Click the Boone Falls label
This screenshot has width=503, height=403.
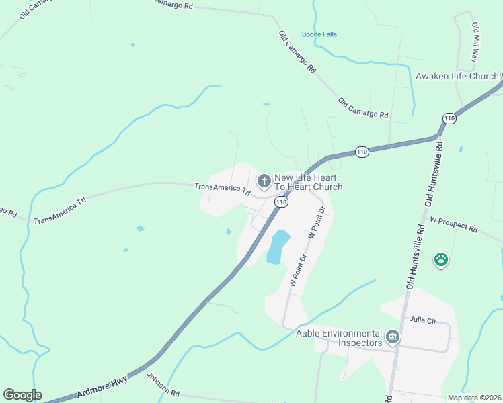pyautogui.click(x=319, y=34)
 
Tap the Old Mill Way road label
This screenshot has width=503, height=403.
pyautogui.click(x=475, y=42)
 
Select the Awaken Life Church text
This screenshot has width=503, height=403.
pyautogui.click(x=457, y=76)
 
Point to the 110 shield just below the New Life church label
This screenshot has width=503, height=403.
pyautogui.click(x=282, y=201)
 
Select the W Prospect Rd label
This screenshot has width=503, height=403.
pyautogui.click(x=454, y=224)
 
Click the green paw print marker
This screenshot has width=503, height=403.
pyautogui.click(x=441, y=259)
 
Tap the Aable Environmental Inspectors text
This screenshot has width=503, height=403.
pyautogui.click(x=339, y=338)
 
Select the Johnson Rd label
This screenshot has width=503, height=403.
pyautogui.click(x=163, y=384)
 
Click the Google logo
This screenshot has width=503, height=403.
pyautogui.click(x=22, y=395)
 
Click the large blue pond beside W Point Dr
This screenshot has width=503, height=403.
pyautogui.click(x=278, y=247)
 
